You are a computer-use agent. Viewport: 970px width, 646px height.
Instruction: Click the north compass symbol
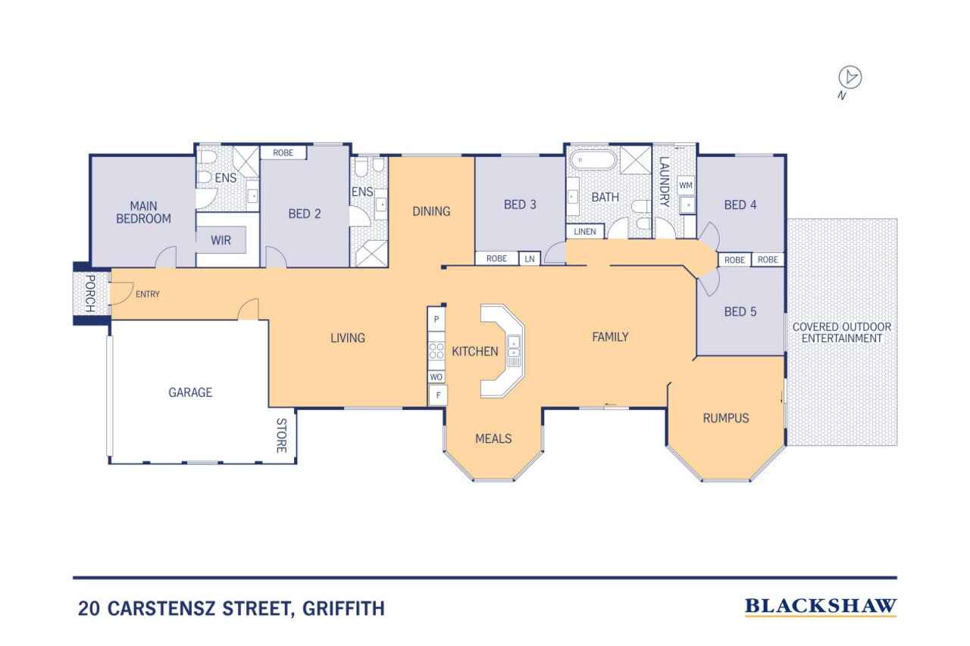click(x=851, y=78)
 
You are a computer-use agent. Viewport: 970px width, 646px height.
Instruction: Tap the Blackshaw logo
click(x=821, y=606)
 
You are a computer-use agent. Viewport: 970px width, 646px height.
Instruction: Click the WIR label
click(x=221, y=240)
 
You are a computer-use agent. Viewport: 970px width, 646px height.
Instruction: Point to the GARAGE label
click(x=190, y=392)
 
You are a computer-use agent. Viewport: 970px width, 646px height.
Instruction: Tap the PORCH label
click(x=89, y=294)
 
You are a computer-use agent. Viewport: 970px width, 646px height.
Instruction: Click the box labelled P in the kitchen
click(x=436, y=320)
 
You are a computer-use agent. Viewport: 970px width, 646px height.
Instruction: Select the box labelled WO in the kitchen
click(x=436, y=376)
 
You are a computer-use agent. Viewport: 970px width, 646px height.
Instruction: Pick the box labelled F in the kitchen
click(x=437, y=395)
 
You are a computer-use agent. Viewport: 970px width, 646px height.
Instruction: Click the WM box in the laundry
click(x=686, y=185)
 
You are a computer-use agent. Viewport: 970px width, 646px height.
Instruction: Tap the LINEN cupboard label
click(x=584, y=231)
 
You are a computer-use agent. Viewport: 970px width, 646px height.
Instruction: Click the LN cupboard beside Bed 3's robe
click(x=530, y=258)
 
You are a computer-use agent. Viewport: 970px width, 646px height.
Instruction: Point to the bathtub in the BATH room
click(x=593, y=161)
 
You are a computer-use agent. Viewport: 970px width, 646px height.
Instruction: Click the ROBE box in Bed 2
click(x=283, y=152)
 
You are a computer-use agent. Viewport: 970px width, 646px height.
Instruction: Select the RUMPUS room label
click(x=725, y=417)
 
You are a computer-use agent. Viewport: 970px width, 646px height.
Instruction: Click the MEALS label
click(x=493, y=438)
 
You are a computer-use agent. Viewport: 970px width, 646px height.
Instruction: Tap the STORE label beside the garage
click(x=280, y=435)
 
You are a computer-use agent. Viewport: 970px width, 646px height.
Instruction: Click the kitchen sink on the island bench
click(x=514, y=346)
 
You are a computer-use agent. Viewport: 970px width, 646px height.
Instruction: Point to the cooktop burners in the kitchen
click(x=436, y=350)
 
